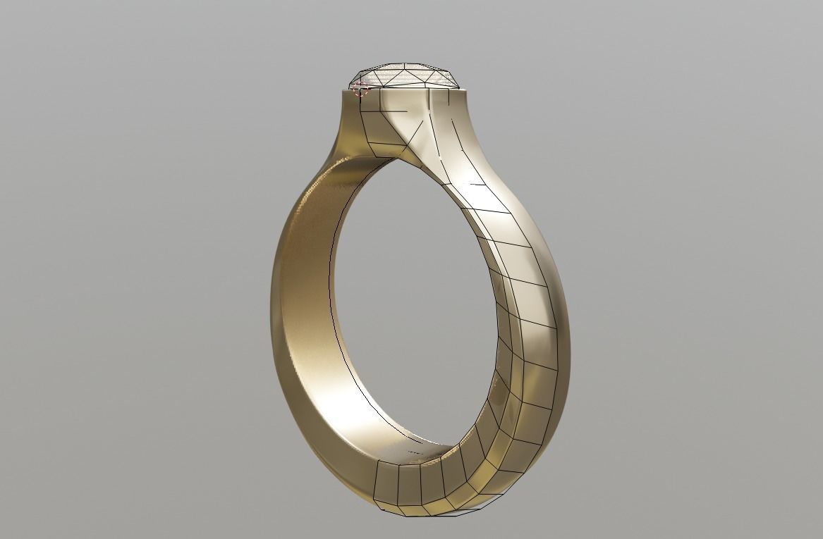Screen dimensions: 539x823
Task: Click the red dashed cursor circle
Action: coord(360,88)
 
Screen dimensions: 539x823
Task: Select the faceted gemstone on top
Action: coord(406,76)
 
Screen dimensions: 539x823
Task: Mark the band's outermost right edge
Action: coord(568,352)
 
